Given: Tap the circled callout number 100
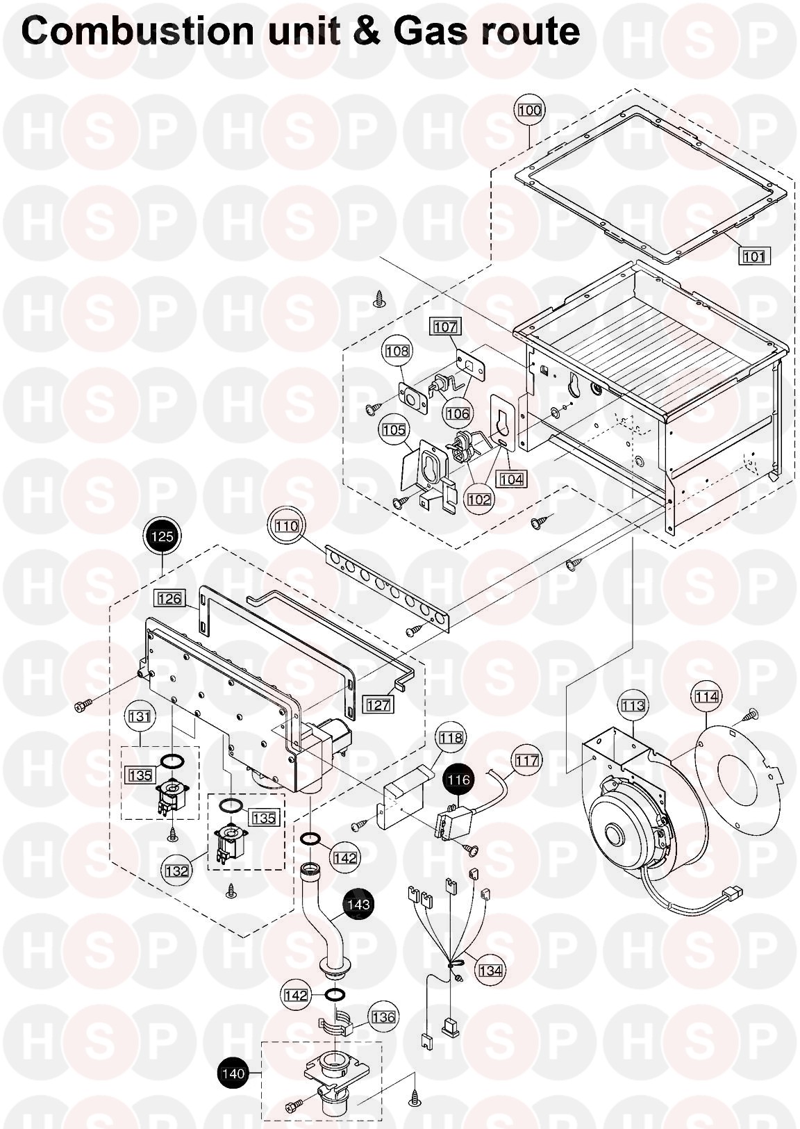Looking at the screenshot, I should pos(530,110).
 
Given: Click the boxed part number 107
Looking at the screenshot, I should pos(446,327).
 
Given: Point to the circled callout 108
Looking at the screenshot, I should pos(397,352).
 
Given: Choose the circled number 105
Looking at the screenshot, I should pos(394,431).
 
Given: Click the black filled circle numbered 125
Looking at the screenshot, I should pos(161,536).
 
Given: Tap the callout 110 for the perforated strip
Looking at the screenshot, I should pos(286,526).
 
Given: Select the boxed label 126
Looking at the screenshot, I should pos(169,598).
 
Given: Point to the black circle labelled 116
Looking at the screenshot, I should pos(458,780).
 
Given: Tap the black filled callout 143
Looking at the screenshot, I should pos(358,905).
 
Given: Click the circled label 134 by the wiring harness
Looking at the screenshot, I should pos(490,970).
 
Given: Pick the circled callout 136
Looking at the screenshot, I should pos(383,1018).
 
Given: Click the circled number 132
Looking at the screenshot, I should pos(177,871).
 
